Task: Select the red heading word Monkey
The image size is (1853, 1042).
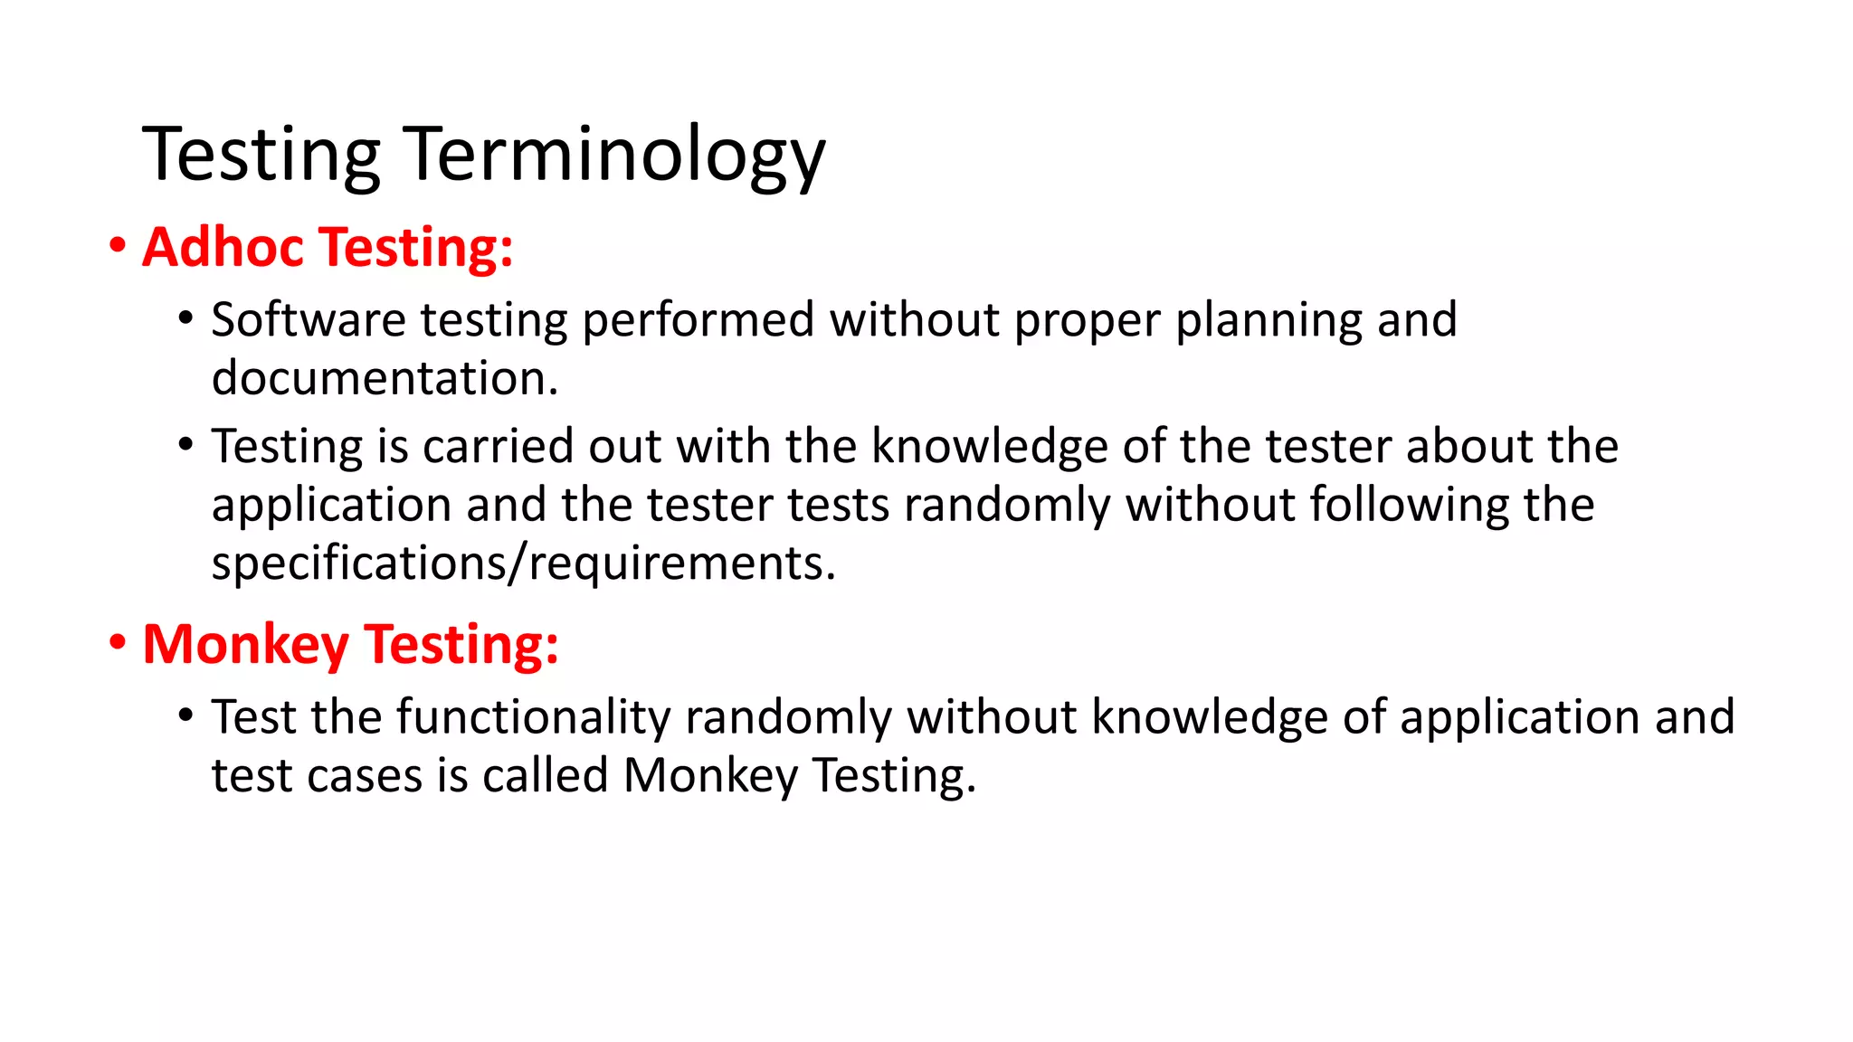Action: pos(245,645)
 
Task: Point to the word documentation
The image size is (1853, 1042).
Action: pos(385,378)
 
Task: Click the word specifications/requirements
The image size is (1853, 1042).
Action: pos(523,564)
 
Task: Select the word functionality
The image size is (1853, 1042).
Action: pos(533,718)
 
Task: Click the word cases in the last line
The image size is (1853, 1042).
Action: pos(365,776)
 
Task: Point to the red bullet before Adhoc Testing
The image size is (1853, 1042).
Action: pos(118,246)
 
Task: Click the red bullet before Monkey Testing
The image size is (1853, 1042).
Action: pos(118,643)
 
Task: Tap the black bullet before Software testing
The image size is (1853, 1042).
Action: pos(185,318)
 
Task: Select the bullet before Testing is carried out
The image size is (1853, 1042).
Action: pos(185,445)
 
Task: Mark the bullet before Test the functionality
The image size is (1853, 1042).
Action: pos(185,715)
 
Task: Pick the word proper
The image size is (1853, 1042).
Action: pos(1087,322)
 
